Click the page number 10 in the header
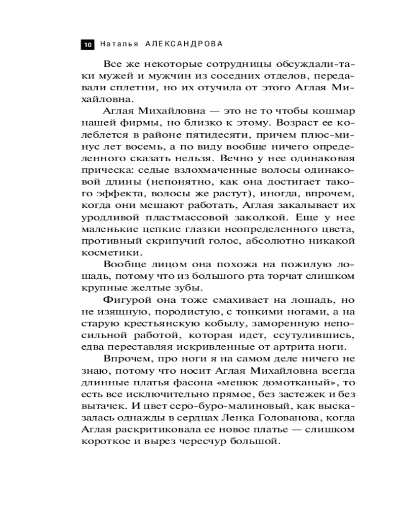coord(87,45)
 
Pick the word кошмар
coord(332,111)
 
